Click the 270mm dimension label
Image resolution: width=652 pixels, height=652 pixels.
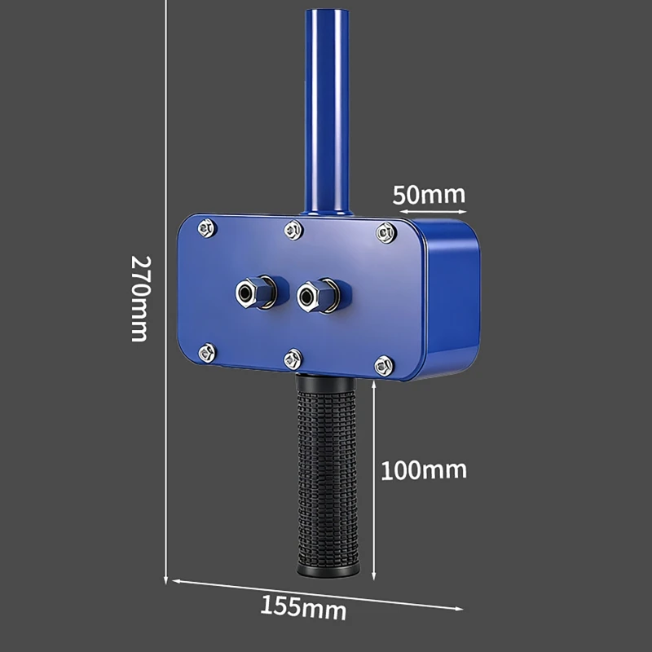point(140,298)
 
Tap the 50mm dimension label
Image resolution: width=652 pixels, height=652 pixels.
point(430,195)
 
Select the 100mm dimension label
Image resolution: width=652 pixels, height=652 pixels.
point(424,470)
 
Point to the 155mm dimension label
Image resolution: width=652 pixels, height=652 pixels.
point(303,607)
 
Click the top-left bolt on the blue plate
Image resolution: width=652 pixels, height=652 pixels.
point(207,228)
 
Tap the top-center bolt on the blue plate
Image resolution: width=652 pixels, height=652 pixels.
point(293,230)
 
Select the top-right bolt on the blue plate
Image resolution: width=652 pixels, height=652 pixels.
point(385,233)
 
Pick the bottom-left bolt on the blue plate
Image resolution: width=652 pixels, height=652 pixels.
point(207,353)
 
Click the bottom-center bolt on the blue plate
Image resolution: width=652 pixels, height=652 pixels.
point(293,359)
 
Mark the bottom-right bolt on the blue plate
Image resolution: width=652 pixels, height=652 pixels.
point(383,366)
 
